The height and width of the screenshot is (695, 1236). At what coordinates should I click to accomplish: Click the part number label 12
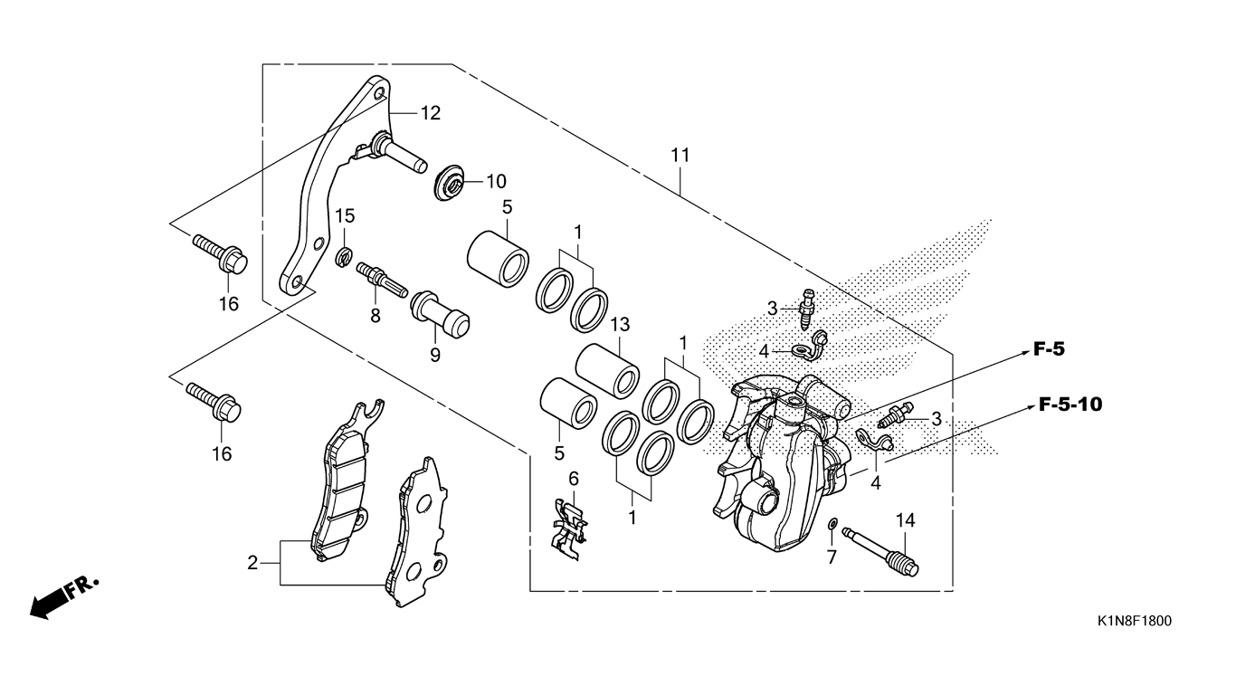point(431,113)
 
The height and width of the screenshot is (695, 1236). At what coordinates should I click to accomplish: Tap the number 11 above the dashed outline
point(680,156)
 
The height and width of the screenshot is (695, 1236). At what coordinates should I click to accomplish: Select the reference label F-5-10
point(1070,405)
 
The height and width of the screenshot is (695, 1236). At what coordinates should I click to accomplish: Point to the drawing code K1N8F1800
point(1134,622)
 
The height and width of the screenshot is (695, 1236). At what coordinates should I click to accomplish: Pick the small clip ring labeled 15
point(344,257)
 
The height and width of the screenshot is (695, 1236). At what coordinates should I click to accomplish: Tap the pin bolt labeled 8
point(382,280)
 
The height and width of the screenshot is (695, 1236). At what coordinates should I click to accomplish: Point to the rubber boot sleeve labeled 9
point(439,314)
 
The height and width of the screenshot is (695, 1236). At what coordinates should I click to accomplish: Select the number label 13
point(620,325)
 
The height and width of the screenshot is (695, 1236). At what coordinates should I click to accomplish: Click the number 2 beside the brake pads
point(252,563)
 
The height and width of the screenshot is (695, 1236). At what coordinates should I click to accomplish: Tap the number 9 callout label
point(435,355)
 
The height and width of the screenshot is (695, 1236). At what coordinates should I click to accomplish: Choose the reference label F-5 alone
point(1049,349)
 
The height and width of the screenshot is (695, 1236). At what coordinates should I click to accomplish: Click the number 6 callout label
point(574,479)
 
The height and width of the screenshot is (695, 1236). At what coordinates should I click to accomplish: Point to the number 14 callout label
point(905,520)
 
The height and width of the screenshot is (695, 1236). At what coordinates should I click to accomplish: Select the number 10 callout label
point(496,181)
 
